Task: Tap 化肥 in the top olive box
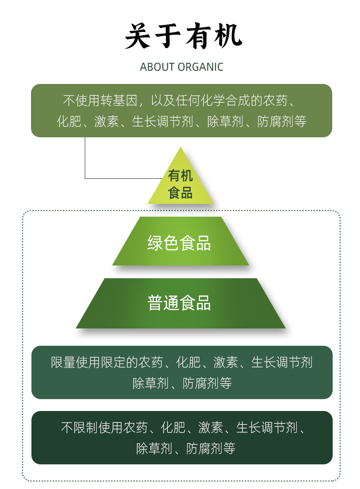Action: pyautogui.click(x=69, y=121)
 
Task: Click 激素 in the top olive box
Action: pyautogui.click(x=107, y=121)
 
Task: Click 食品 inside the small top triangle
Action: pyautogui.click(x=180, y=192)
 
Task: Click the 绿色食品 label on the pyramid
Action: pyautogui.click(x=179, y=243)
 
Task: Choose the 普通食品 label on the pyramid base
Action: pyautogui.click(x=179, y=303)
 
